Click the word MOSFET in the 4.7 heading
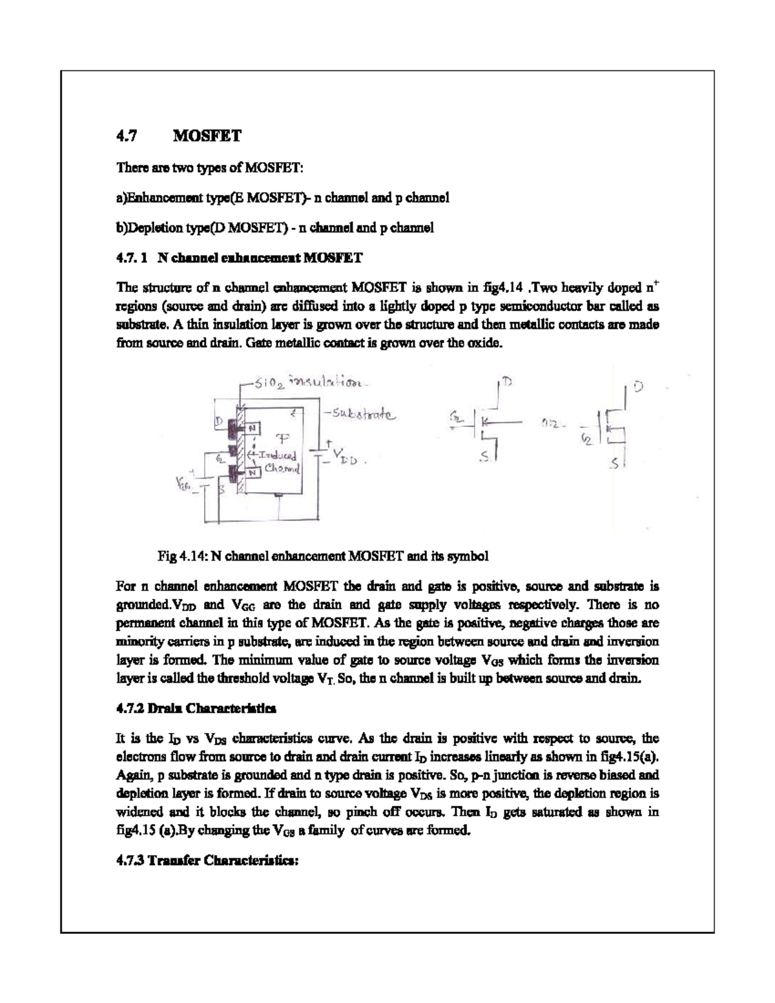(207, 136)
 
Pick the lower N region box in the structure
(253, 472)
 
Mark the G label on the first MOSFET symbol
(455, 420)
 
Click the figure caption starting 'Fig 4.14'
(323, 555)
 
